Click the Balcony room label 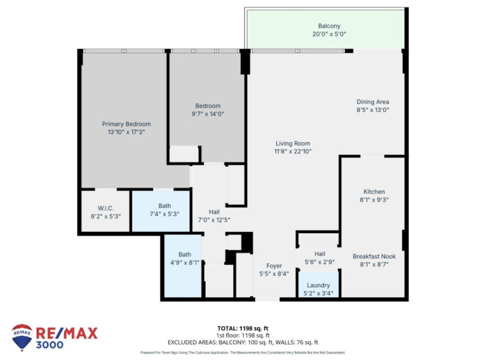329,26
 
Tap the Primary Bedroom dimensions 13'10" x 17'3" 126,132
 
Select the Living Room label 293,144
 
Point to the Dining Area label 373,101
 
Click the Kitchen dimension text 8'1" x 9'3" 374,200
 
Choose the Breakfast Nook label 374,256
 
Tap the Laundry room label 318,286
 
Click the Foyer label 274,266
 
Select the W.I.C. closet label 106,208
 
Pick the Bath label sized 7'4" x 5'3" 165,206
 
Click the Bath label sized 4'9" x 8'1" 185,254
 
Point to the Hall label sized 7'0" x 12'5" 214,212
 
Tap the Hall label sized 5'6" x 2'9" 320,254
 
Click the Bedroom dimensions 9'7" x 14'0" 208,114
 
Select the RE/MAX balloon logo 22,337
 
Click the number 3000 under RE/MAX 50,345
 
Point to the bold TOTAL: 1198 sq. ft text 242,328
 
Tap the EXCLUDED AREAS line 242,342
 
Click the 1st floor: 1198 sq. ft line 242,335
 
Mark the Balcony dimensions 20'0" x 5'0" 329,34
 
